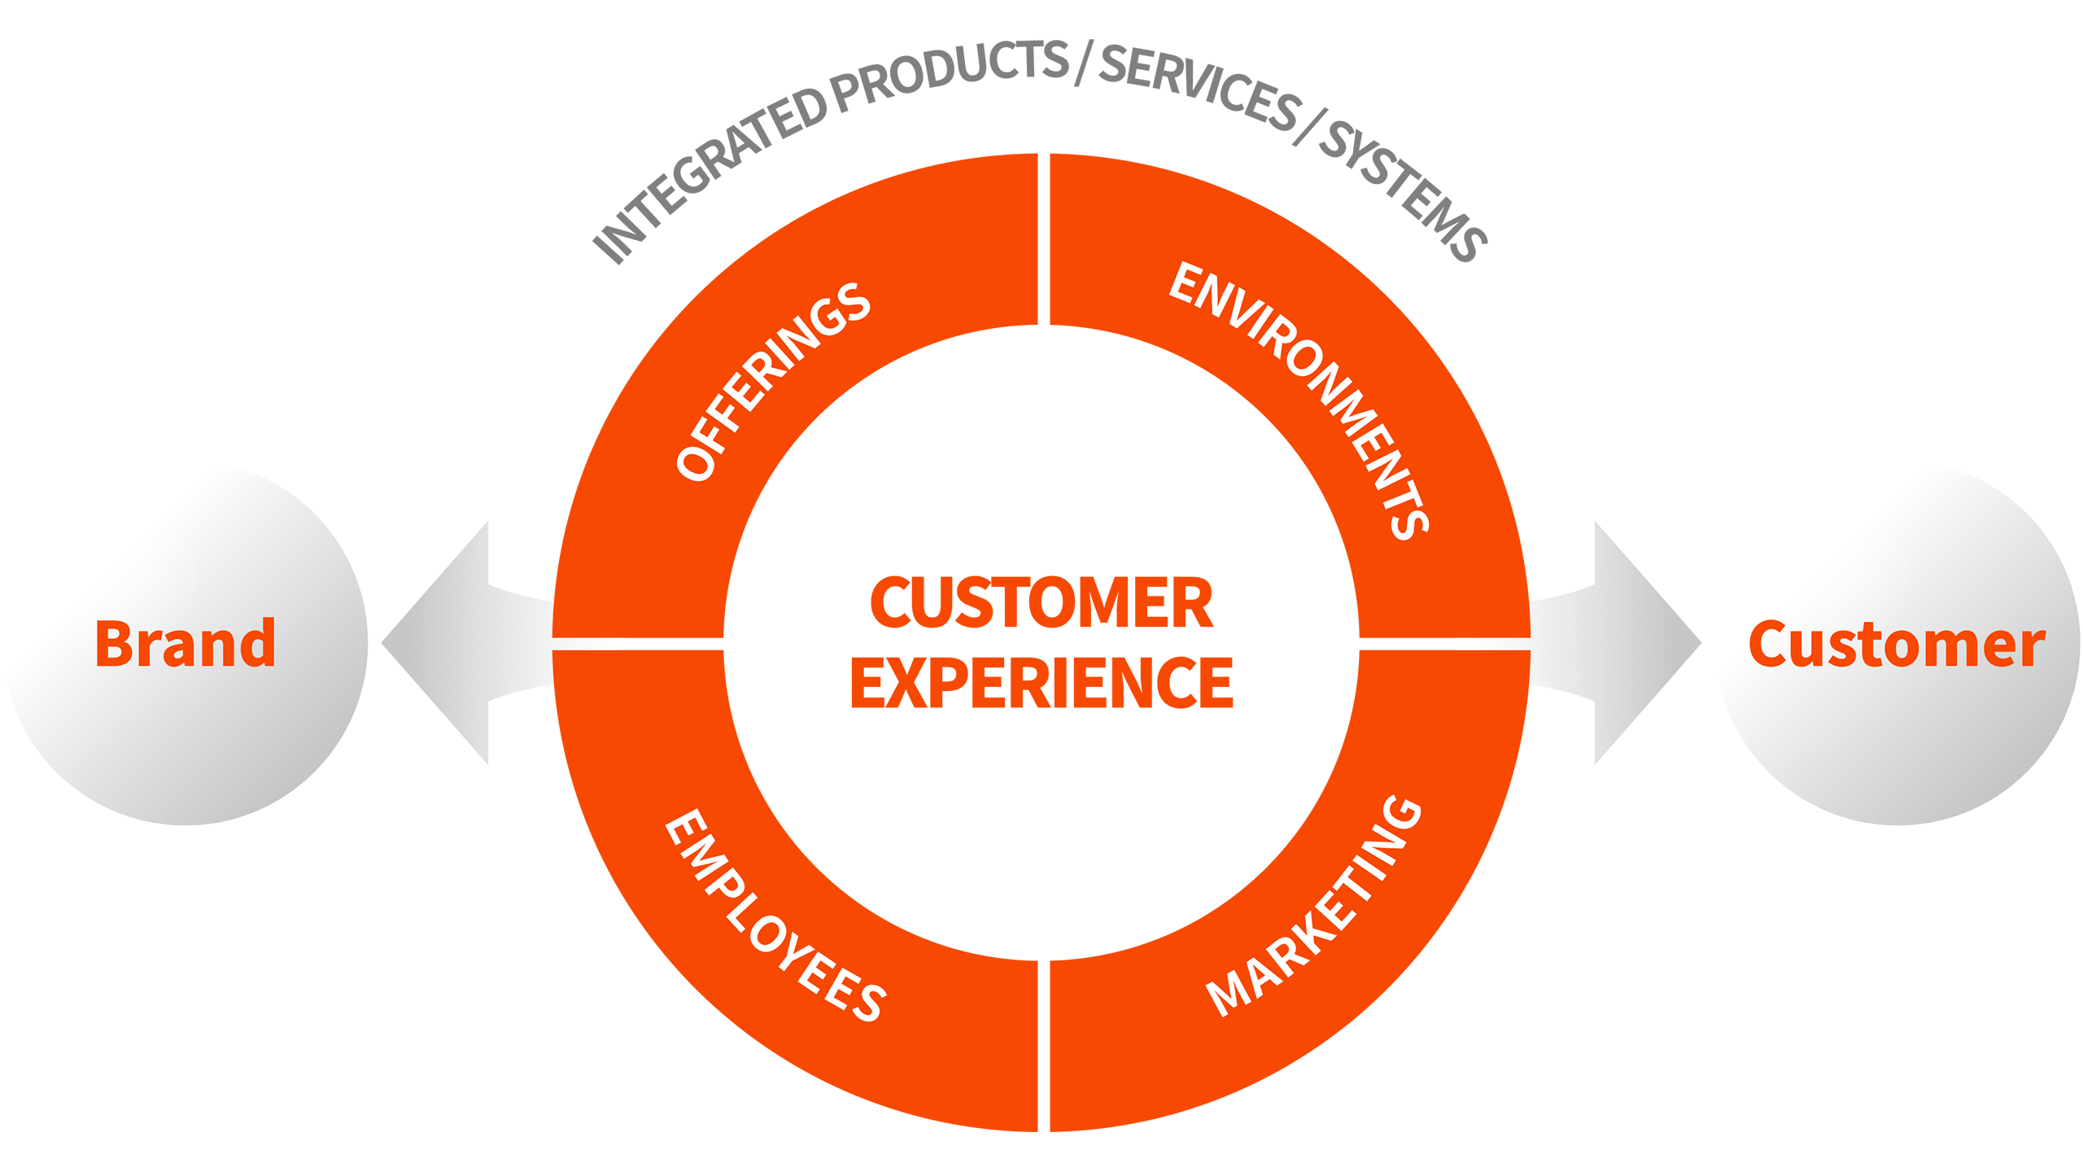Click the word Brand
click(186, 644)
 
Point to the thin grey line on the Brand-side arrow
click(590, 645)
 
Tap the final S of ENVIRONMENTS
click(1409, 521)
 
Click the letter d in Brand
click(256, 642)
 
